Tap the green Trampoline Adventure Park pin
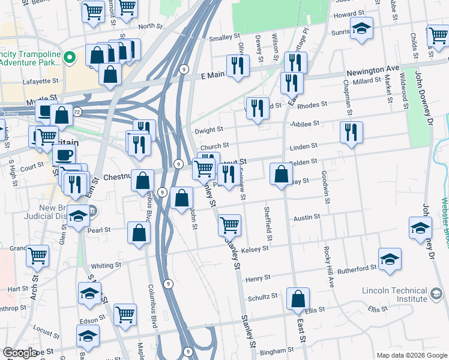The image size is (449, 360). pyautogui.click(x=70, y=58)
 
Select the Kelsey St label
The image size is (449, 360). pyautogui.click(x=255, y=250)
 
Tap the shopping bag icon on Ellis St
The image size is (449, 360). pyautogui.click(x=298, y=299)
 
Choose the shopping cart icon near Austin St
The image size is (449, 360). pyautogui.click(x=229, y=226)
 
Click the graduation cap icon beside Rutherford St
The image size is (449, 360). pyautogui.click(x=390, y=259)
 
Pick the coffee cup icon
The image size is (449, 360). pyautogui.click(x=64, y=155)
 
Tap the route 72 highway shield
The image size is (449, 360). pyautogui.click(x=77, y=112)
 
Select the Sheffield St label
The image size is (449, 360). pyautogui.click(x=268, y=224)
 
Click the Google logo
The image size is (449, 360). pyautogui.click(x=20, y=353)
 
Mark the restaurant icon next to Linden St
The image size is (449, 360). pyautogui.click(x=351, y=132)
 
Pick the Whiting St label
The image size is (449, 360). pyautogui.click(x=106, y=265)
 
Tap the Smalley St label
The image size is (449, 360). pyautogui.click(x=220, y=38)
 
